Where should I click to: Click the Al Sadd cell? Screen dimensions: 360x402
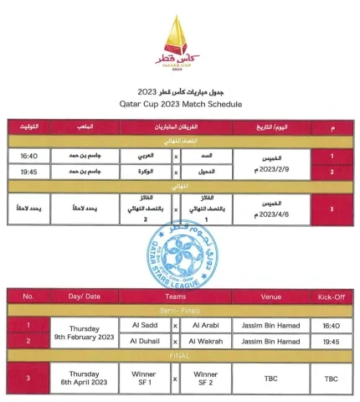pos(146,325)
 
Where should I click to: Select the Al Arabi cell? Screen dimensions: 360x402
pos(204,325)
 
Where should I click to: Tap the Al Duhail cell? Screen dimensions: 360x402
pos(146,341)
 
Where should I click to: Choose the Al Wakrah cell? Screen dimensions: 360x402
pos(204,341)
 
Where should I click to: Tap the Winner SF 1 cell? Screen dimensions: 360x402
pos(146,378)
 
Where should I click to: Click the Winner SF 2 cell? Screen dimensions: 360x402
pos(204,378)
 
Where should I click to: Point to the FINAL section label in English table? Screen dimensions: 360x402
pos(178,356)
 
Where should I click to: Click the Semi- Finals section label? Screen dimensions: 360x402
pos(178,310)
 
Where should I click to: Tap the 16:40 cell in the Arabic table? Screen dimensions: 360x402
pos(29,156)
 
